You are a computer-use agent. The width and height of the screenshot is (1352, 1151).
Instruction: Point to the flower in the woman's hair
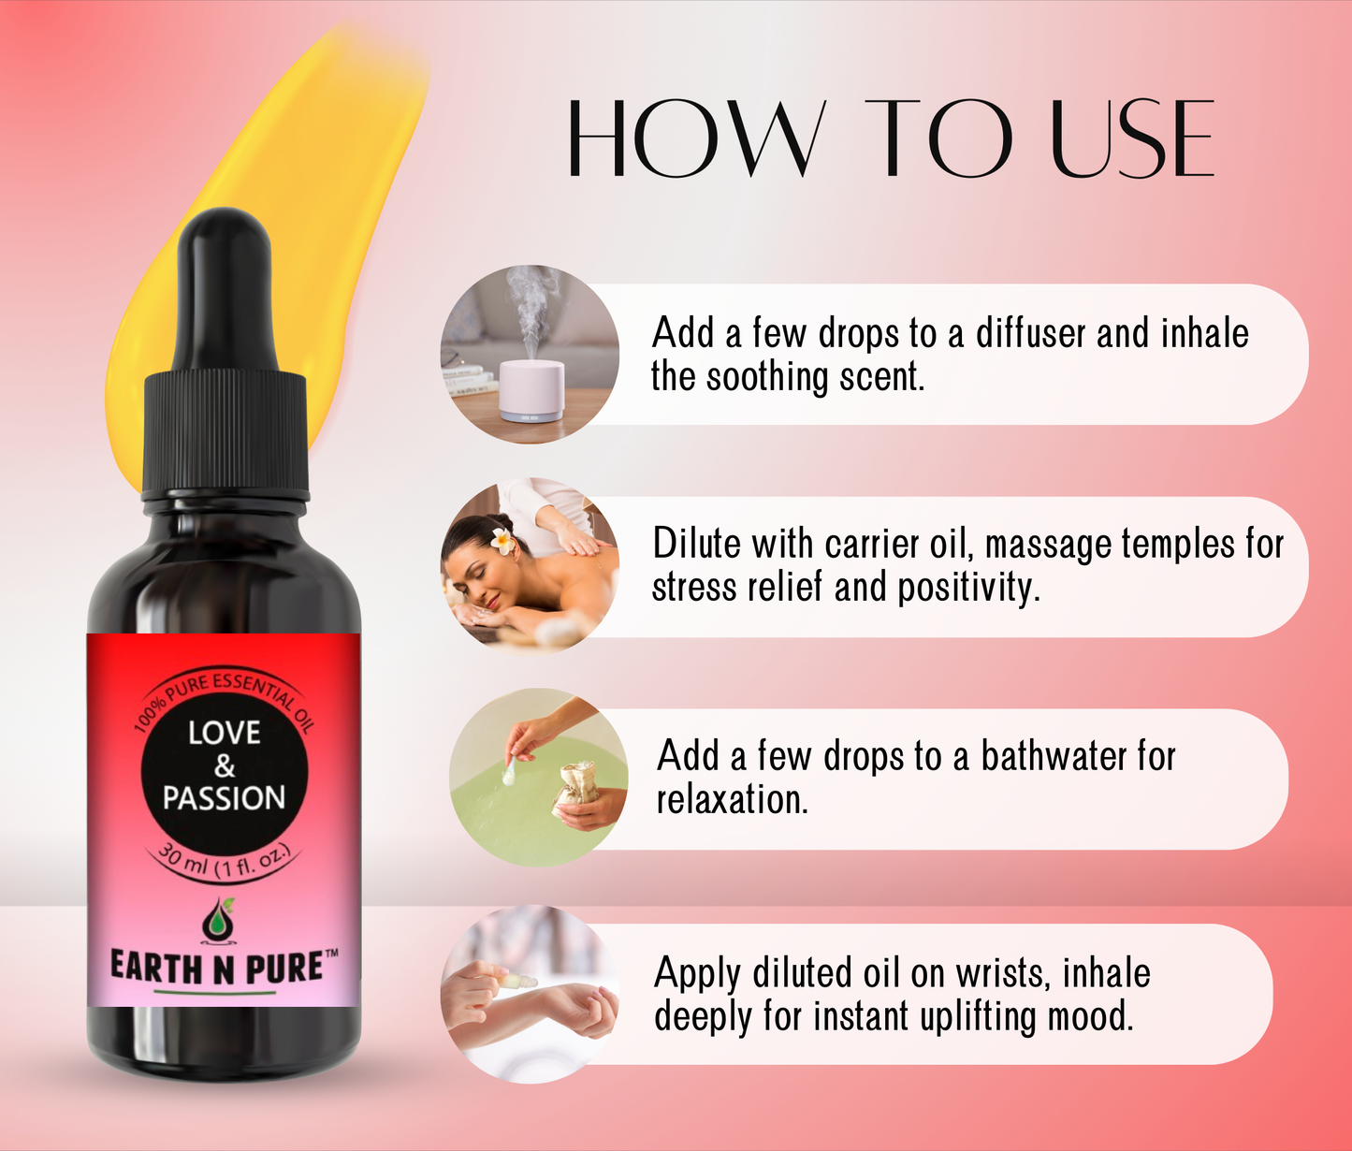pos(503,540)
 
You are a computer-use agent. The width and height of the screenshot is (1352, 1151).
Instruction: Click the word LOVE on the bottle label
pos(225,733)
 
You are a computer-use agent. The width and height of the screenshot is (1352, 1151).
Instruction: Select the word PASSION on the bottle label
pos(225,798)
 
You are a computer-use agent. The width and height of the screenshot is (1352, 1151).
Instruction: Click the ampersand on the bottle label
pos(225,766)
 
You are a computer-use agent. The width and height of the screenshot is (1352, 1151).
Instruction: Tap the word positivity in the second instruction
pos(967,588)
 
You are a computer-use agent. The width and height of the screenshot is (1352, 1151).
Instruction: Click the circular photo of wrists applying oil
pos(530,994)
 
